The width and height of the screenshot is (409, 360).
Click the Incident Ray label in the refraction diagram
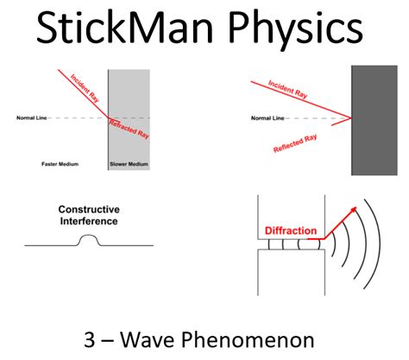[84, 88]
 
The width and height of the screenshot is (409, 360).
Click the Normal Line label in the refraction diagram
[32, 117]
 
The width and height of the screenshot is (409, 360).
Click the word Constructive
[88, 210]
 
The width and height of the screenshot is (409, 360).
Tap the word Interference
[88, 221]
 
